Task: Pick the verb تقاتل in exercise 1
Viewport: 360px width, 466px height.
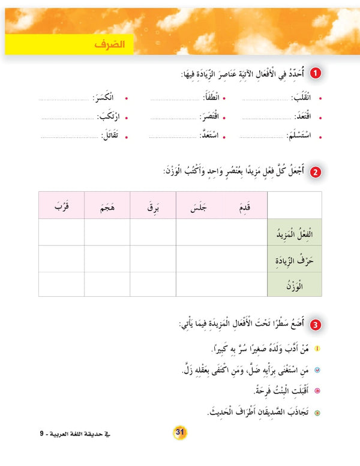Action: (110, 136)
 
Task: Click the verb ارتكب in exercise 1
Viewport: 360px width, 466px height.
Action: (107, 117)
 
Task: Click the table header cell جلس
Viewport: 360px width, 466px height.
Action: (199, 206)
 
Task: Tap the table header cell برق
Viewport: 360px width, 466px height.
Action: (153, 206)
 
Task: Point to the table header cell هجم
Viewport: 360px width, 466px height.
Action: (107, 206)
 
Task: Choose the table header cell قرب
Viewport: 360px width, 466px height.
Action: (61, 206)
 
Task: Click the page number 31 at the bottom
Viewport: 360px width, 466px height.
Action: (179, 432)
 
